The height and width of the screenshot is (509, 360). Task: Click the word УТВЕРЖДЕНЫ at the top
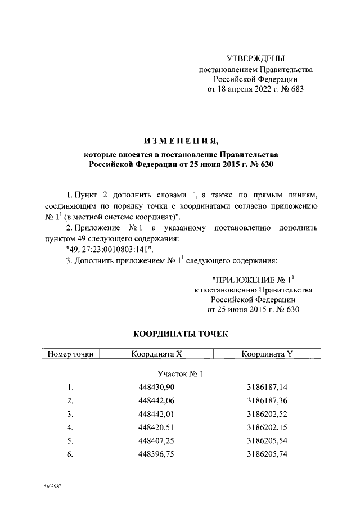(x=255, y=58)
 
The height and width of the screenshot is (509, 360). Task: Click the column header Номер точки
(x=70, y=354)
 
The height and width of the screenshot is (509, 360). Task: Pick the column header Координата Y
(x=267, y=354)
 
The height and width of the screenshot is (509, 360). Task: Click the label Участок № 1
(x=180, y=373)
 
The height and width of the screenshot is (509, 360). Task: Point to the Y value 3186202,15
(x=267, y=428)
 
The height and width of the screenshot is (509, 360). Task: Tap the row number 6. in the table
(x=70, y=455)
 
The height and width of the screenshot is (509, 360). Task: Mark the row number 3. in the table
(x=70, y=415)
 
